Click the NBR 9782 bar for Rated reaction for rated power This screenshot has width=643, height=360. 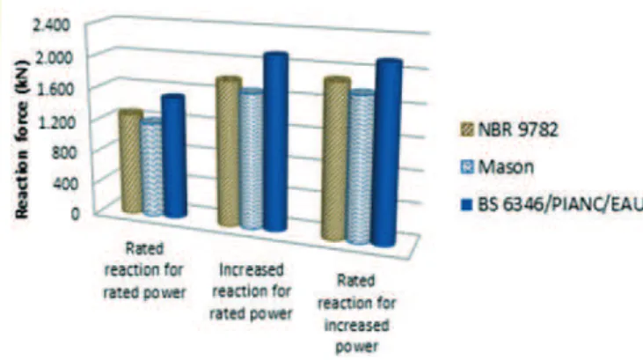131,161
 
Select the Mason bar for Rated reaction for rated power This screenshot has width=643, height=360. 151,166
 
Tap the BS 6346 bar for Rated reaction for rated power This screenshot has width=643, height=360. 175,156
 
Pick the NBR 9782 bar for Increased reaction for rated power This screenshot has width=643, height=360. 229,151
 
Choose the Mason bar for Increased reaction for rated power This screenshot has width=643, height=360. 251,158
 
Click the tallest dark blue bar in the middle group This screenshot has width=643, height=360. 275,142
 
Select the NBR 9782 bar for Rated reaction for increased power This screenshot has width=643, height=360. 336,158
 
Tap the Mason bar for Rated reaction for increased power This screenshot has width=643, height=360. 361,167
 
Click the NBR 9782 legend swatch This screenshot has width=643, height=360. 467,130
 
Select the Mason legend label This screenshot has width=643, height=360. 506,167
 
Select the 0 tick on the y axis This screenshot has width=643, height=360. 75,214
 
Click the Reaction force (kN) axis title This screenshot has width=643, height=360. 22,139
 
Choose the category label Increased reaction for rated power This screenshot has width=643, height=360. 251,292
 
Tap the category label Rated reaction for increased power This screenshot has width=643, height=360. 356,314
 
